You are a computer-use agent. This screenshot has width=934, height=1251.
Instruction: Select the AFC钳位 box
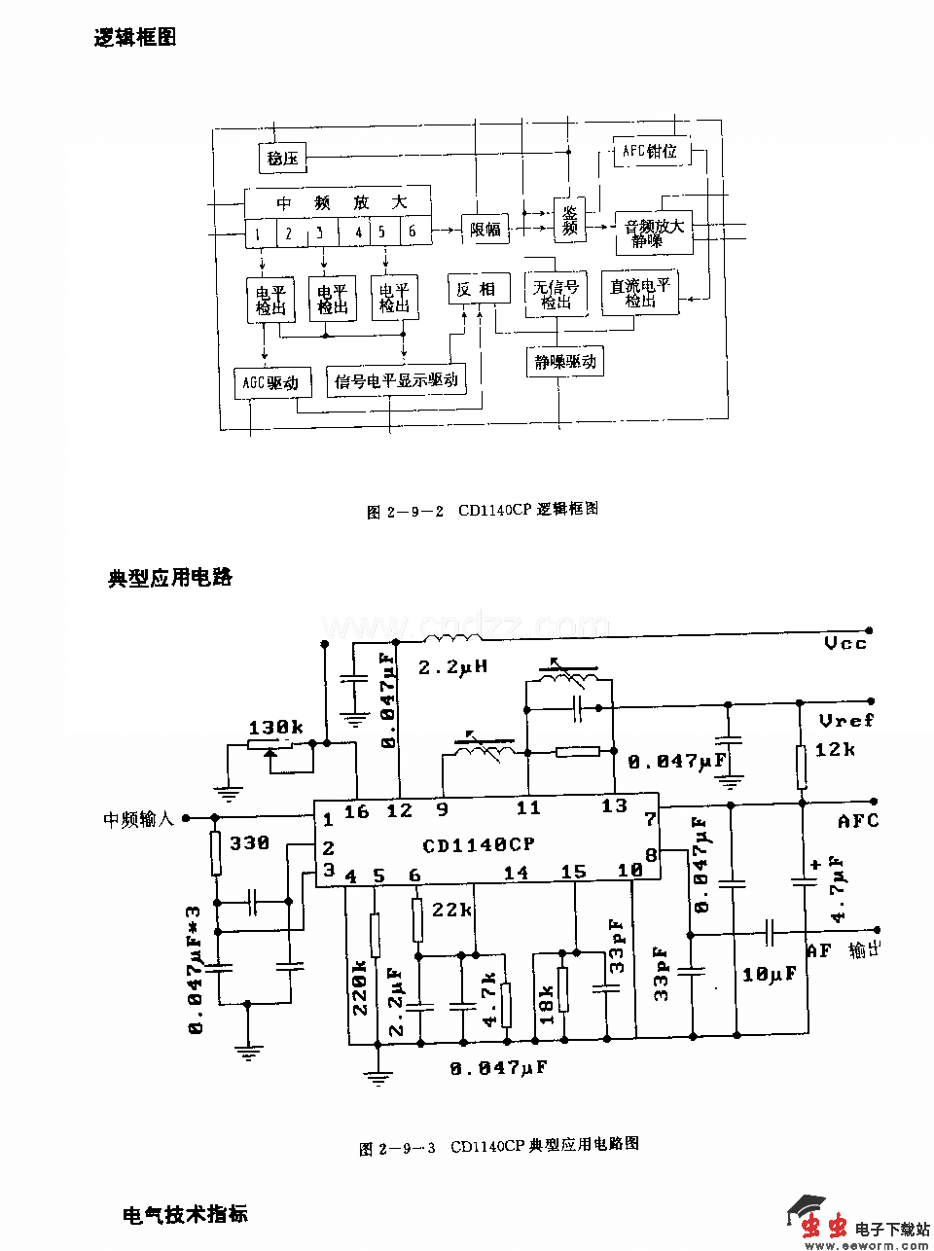(649, 153)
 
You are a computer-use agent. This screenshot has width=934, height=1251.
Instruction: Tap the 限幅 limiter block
(485, 230)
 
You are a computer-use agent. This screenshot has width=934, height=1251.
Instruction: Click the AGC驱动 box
(270, 382)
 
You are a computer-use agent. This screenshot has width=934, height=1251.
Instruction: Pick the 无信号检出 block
(556, 294)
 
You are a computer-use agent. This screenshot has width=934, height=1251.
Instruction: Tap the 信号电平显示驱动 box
(396, 380)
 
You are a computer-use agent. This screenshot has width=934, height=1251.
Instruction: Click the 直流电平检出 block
(639, 293)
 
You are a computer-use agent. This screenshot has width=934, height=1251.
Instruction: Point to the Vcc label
(844, 643)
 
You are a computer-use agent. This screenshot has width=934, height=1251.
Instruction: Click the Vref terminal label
(845, 720)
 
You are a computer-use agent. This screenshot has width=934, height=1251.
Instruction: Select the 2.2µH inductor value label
(452, 668)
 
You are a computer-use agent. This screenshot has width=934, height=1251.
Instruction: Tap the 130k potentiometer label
(275, 728)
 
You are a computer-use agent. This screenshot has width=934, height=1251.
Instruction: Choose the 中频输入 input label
(138, 818)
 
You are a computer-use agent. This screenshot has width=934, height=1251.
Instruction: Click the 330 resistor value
(249, 842)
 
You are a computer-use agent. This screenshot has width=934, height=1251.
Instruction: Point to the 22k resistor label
(451, 910)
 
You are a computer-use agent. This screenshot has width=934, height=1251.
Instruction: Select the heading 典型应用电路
(170, 577)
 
